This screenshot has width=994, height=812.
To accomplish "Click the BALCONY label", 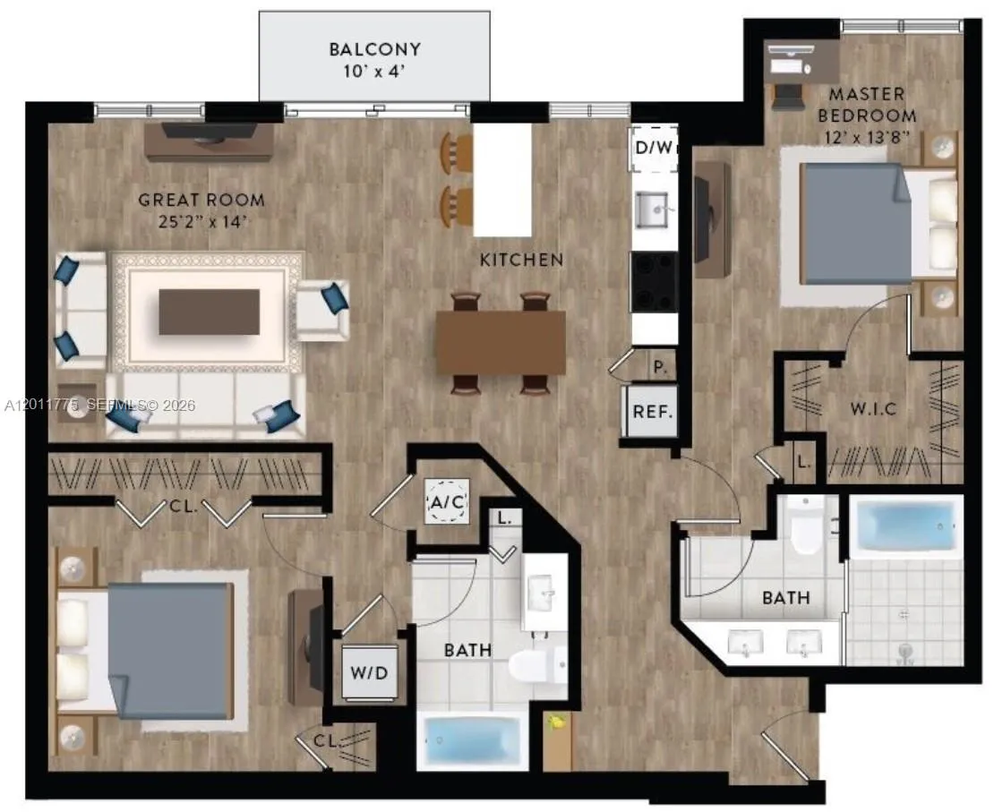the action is (374, 49).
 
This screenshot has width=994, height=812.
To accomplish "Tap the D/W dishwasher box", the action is (653, 148).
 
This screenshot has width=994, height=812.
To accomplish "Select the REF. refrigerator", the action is (652, 412).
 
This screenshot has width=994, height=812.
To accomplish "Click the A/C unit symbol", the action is (448, 501).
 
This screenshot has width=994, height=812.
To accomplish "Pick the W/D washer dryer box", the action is (370, 672).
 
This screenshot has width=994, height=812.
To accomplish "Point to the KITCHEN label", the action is (522, 260).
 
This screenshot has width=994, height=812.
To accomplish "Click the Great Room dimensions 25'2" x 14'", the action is (201, 222).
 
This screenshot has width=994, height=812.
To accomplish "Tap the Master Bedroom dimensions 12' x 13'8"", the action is (867, 137).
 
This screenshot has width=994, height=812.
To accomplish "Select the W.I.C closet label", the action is (873, 409).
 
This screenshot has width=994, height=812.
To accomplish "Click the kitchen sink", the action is (653, 209).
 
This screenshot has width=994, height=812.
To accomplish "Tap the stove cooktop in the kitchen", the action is (655, 281).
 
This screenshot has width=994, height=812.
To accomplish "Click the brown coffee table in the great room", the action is (209, 312).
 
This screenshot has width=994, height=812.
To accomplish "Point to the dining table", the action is (501, 342).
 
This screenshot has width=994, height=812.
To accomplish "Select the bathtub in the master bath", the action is (906, 526).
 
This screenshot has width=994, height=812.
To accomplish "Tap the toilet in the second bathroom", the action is (538, 663).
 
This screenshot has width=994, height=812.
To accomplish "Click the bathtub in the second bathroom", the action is (472, 739).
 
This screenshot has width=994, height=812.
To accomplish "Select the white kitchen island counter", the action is (502, 179).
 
